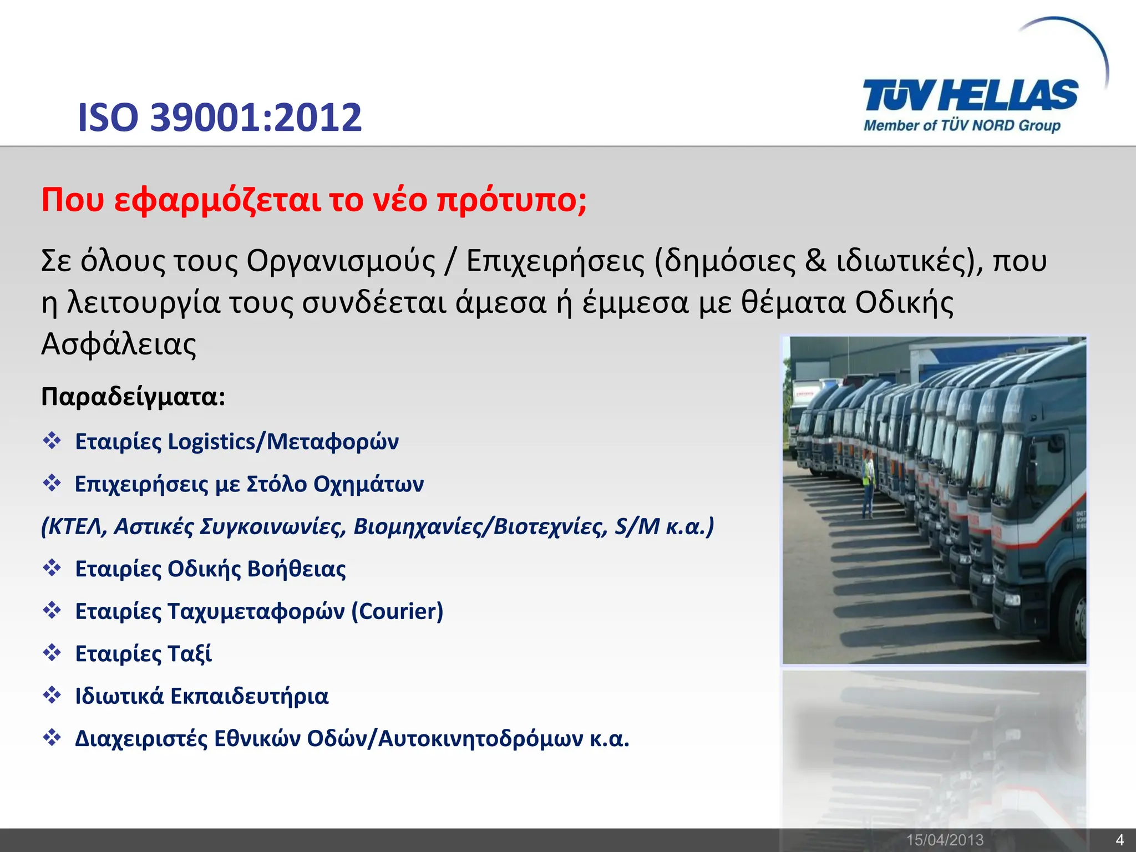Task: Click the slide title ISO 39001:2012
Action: click(x=220, y=118)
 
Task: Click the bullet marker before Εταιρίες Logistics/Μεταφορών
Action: click(x=52, y=441)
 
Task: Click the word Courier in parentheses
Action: click(x=397, y=611)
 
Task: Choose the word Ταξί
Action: click(x=189, y=654)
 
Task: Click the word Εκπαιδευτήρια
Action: click(x=249, y=697)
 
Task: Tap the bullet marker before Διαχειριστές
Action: click(x=52, y=738)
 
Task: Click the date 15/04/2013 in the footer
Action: click(x=945, y=840)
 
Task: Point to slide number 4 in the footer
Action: click(x=1119, y=840)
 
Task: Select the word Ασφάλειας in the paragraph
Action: click(x=119, y=344)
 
